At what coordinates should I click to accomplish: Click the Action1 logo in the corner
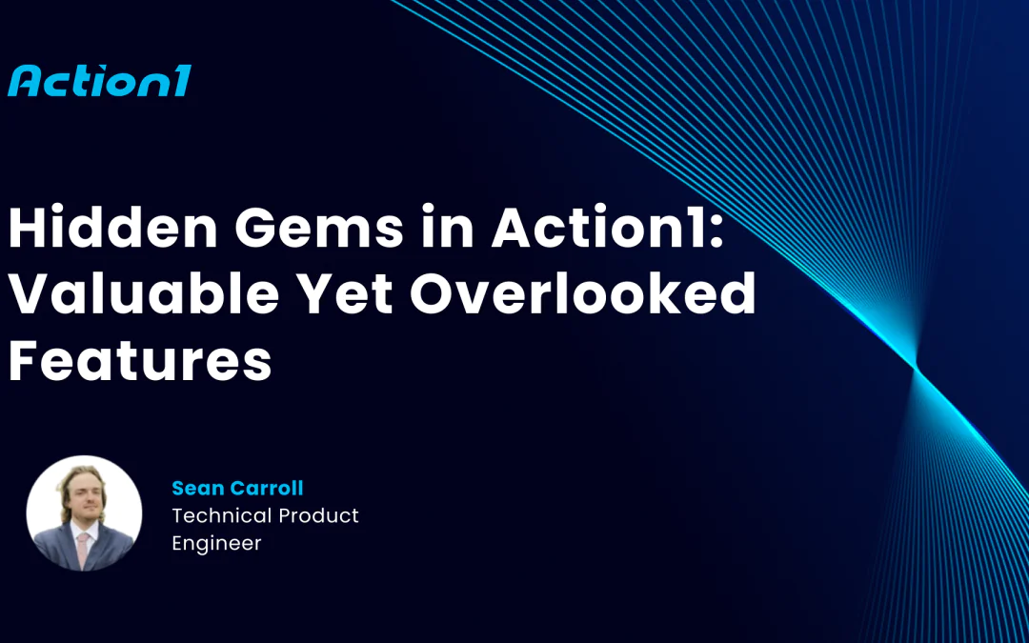tap(99, 81)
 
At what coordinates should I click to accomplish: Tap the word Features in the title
tap(139, 361)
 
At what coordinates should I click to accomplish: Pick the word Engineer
tap(216, 544)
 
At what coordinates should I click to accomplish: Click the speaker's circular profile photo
tap(84, 513)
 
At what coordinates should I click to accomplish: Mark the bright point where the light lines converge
tap(916, 367)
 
